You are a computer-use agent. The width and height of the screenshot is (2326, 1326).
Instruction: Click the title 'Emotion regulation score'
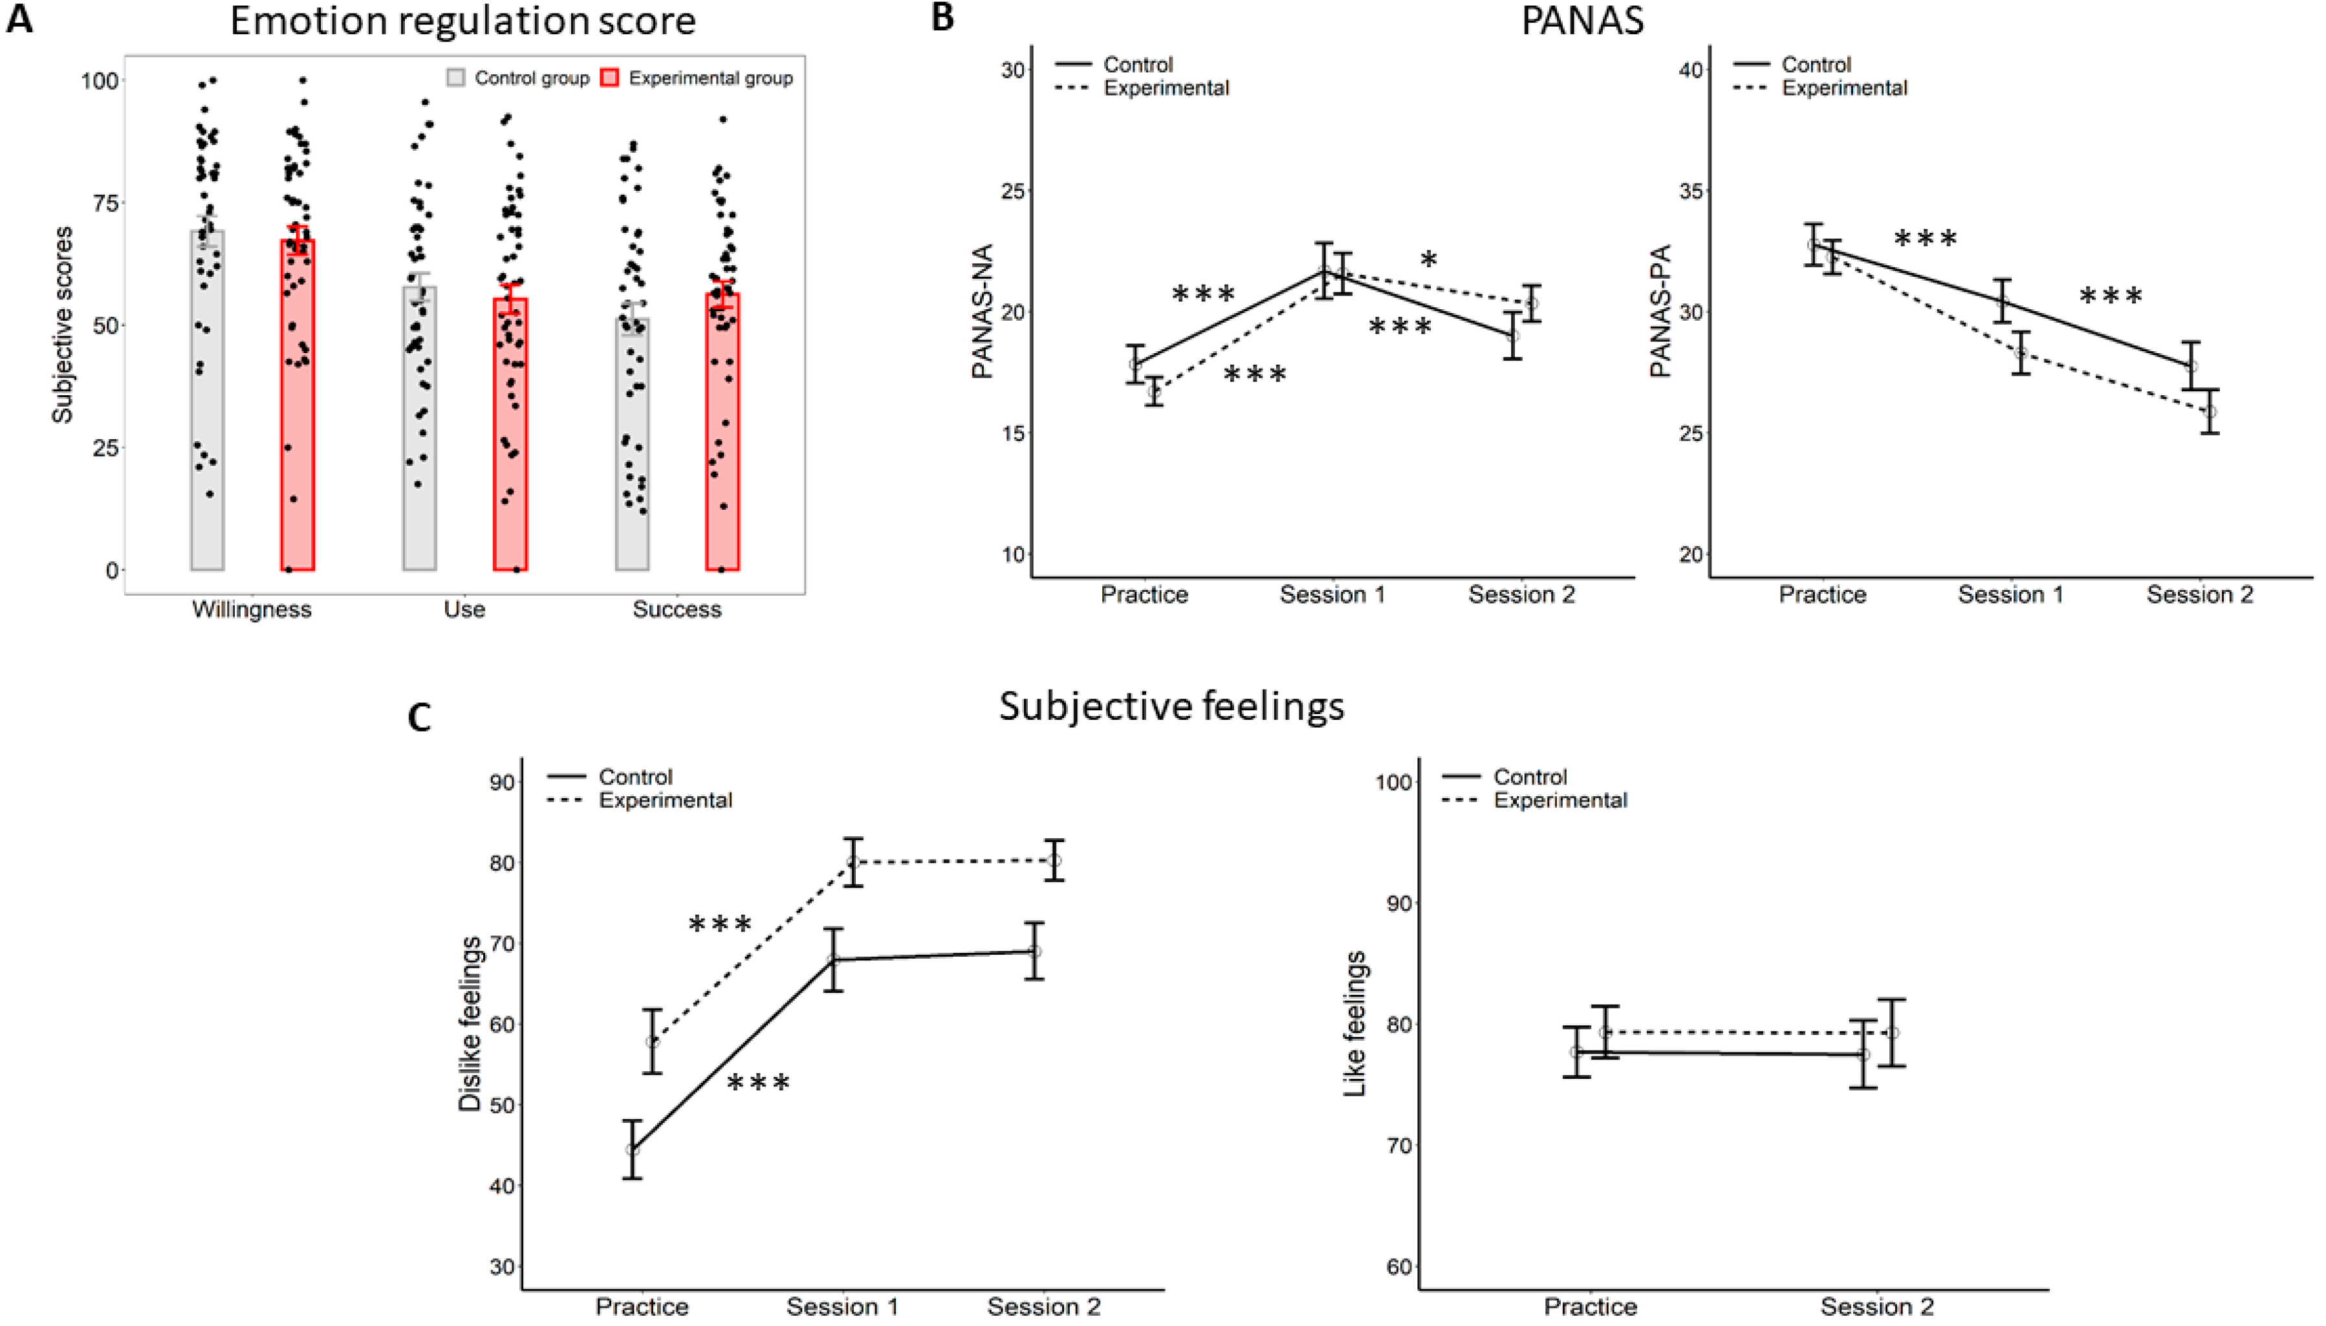[x=462, y=20]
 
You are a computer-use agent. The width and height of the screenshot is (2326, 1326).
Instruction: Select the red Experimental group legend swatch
[x=609, y=78]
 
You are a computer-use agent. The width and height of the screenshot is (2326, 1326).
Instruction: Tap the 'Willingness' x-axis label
[x=252, y=609]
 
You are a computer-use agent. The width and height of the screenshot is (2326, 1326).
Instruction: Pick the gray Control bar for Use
[x=419, y=428]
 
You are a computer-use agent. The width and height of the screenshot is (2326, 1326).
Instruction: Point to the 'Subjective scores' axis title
[x=62, y=325]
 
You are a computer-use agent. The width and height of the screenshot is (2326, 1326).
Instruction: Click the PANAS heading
[x=1582, y=20]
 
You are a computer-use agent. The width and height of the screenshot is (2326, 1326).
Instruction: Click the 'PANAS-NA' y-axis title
[x=982, y=312]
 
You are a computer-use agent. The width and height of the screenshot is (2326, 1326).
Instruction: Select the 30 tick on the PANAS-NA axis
[x=1013, y=70]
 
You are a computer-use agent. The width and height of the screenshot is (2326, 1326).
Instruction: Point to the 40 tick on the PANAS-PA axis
[x=1691, y=70]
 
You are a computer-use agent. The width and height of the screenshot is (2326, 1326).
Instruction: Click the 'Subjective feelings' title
[x=1171, y=706]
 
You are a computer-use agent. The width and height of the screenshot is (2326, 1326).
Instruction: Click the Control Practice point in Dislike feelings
[x=632, y=1149]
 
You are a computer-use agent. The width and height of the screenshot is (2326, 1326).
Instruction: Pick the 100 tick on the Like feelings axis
[x=1395, y=782]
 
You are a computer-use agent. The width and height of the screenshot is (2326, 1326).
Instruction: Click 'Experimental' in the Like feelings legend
[x=1560, y=801]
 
